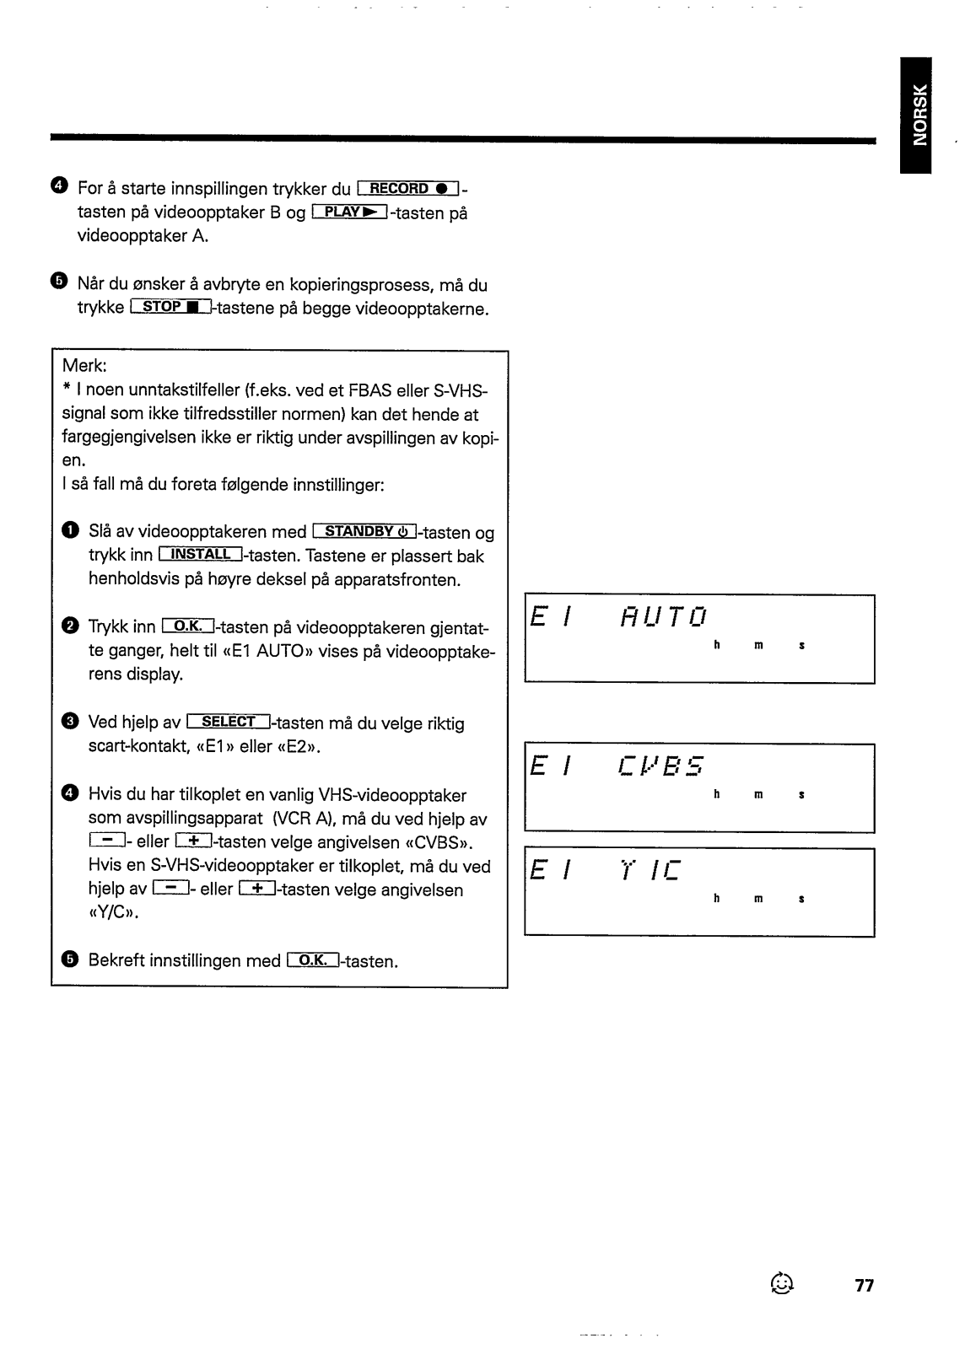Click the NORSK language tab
(x=915, y=115)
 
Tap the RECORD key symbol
(x=407, y=188)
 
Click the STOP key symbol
(x=172, y=308)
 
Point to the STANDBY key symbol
(x=367, y=532)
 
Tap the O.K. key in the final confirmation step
(x=312, y=960)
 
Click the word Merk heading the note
(x=84, y=368)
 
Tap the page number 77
(x=864, y=1286)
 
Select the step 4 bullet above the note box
(x=57, y=186)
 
